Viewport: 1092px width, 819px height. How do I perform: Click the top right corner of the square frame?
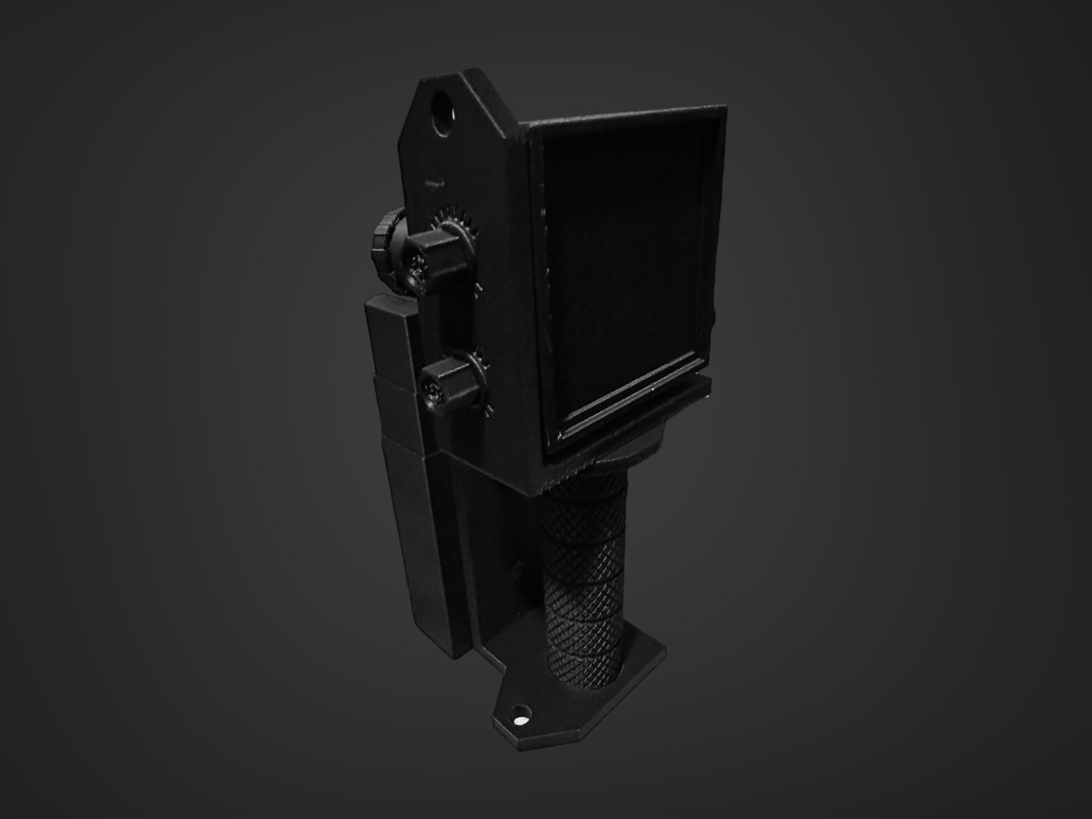pos(724,107)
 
